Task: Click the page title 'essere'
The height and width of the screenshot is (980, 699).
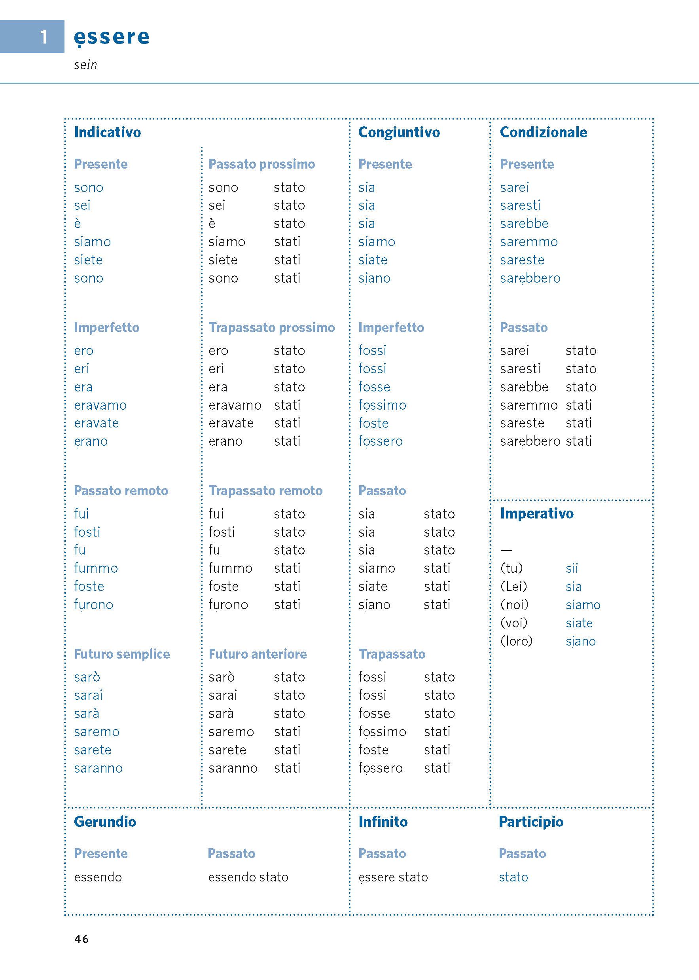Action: point(112,37)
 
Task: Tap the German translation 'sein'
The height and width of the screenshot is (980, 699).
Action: point(85,65)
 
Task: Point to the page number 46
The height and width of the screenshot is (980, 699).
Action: point(81,939)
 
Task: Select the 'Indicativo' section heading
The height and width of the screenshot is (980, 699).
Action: point(107,132)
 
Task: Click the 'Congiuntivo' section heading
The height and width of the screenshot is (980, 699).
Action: point(399,132)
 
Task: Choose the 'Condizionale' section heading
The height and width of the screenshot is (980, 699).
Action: point(543,132)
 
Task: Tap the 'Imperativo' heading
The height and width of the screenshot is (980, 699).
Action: point(536,513)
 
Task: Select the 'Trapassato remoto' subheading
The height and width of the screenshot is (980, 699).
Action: point(265,490)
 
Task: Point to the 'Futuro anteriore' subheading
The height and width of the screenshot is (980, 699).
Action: point(258,654)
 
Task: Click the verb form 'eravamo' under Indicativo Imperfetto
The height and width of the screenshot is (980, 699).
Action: point(100,405)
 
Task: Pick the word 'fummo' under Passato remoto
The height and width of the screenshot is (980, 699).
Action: point(96,568)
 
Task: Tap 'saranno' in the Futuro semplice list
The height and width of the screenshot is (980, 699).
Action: point(98,768)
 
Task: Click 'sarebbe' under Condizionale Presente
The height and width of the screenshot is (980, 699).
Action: point(524,224)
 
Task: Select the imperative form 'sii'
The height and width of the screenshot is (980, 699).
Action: point(572,568)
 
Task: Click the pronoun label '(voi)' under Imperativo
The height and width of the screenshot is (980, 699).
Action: point(513,623)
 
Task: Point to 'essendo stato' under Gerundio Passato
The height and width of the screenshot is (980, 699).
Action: point(248,877)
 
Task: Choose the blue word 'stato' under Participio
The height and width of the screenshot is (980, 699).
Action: point(513,877)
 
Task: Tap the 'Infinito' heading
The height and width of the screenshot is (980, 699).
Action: point(383,822)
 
